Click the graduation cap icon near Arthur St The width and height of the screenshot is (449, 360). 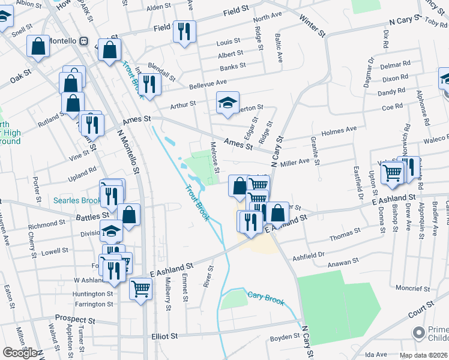(228, 103)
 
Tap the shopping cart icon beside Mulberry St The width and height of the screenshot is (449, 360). (141, 290)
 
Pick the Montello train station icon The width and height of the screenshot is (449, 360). (83, 41)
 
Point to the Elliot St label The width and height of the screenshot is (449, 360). (166, 337)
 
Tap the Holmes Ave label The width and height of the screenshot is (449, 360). (339, 130)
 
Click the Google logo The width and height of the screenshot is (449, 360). (20, 353)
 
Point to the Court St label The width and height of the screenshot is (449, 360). (421, 310)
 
